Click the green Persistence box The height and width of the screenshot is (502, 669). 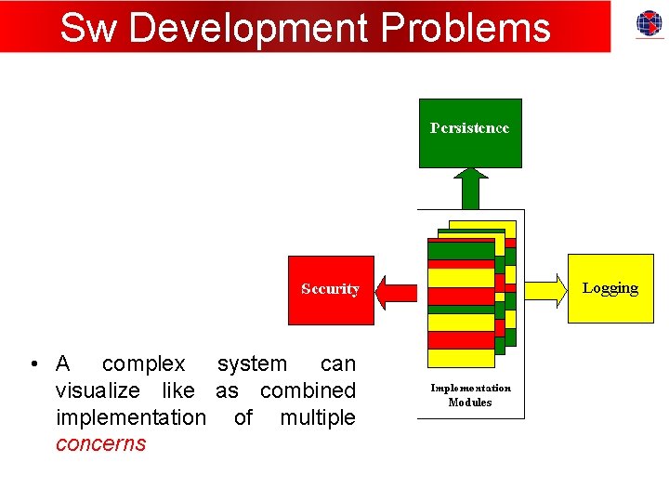click(x=470, y=133)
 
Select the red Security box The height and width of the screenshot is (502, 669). click(x=330, y=290)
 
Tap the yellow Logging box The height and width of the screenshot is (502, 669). click(x=610, y=288)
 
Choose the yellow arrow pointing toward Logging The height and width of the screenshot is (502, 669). click(x=546, y=290)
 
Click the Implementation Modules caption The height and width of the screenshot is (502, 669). click(x=470, y=395)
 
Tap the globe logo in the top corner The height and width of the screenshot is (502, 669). click(x=649, y=23)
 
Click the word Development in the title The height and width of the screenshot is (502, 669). click(x=249, y=28)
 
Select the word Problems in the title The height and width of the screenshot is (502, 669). click(x=466, y=28)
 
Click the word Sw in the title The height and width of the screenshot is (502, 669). click(x=89, y=28)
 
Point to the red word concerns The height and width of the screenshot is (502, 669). click(x=100, y=443)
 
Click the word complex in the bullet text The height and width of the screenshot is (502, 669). click(x=143, y=363)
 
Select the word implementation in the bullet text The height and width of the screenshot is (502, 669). click(x=130, y=417)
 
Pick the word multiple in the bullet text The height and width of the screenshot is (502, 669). click(x=317, y=417)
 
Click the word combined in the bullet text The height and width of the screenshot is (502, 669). click(x=308, y=390)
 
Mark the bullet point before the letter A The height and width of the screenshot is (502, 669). click(x=33, y=363)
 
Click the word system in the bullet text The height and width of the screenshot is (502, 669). click(x=252, y=363)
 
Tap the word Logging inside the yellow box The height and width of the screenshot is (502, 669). click(x=610, y=288)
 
